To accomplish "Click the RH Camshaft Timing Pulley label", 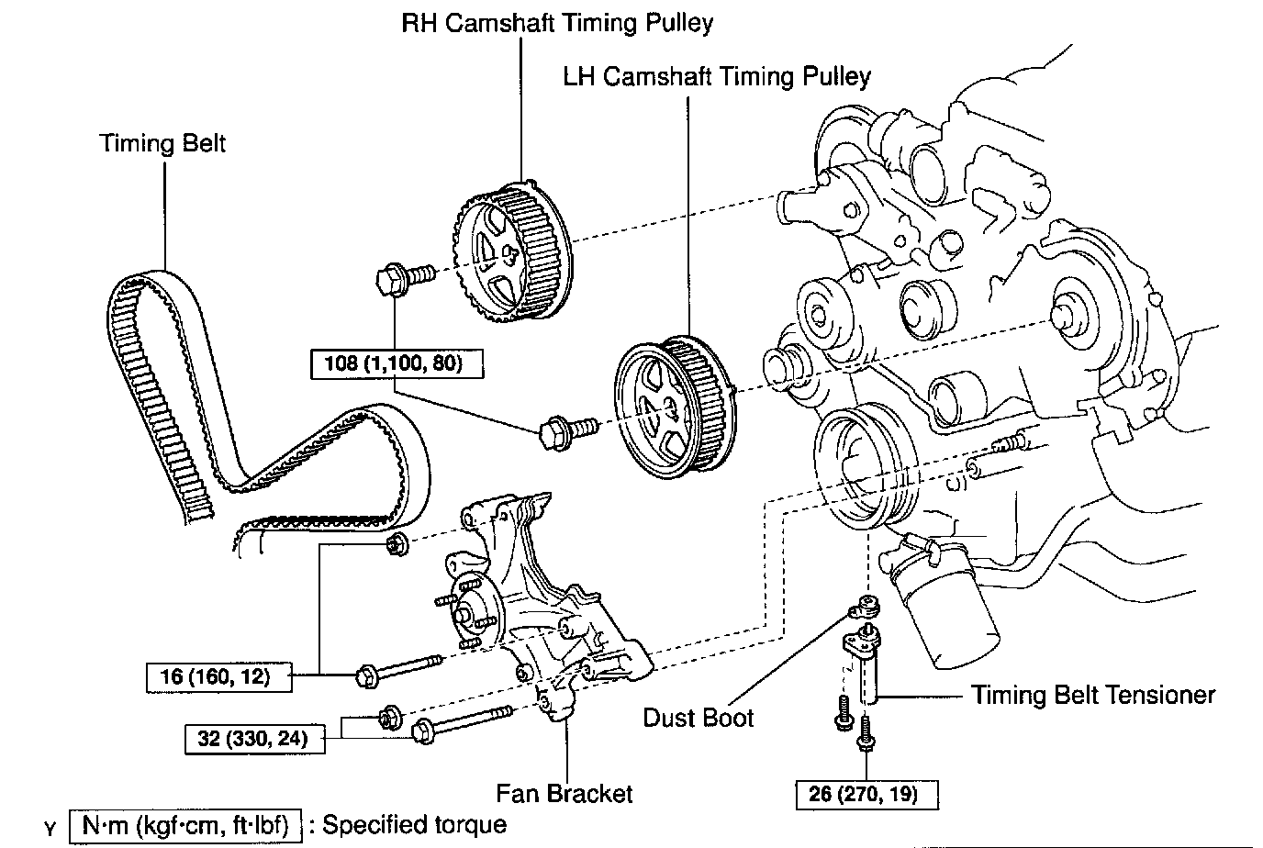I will point(557,23).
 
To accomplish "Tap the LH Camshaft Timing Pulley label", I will point(717,76).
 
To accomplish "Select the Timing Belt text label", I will point(162,143).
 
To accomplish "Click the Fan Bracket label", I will point(564,792).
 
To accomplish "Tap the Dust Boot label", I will point(699,717).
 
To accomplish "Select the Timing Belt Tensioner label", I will point(1093,694).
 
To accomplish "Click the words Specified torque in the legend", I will point(414,824).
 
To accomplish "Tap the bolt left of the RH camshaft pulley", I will point(405,276).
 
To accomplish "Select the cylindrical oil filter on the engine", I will point(949,607).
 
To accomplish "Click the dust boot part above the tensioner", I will point(865,607).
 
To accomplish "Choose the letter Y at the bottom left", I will point(50,829).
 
